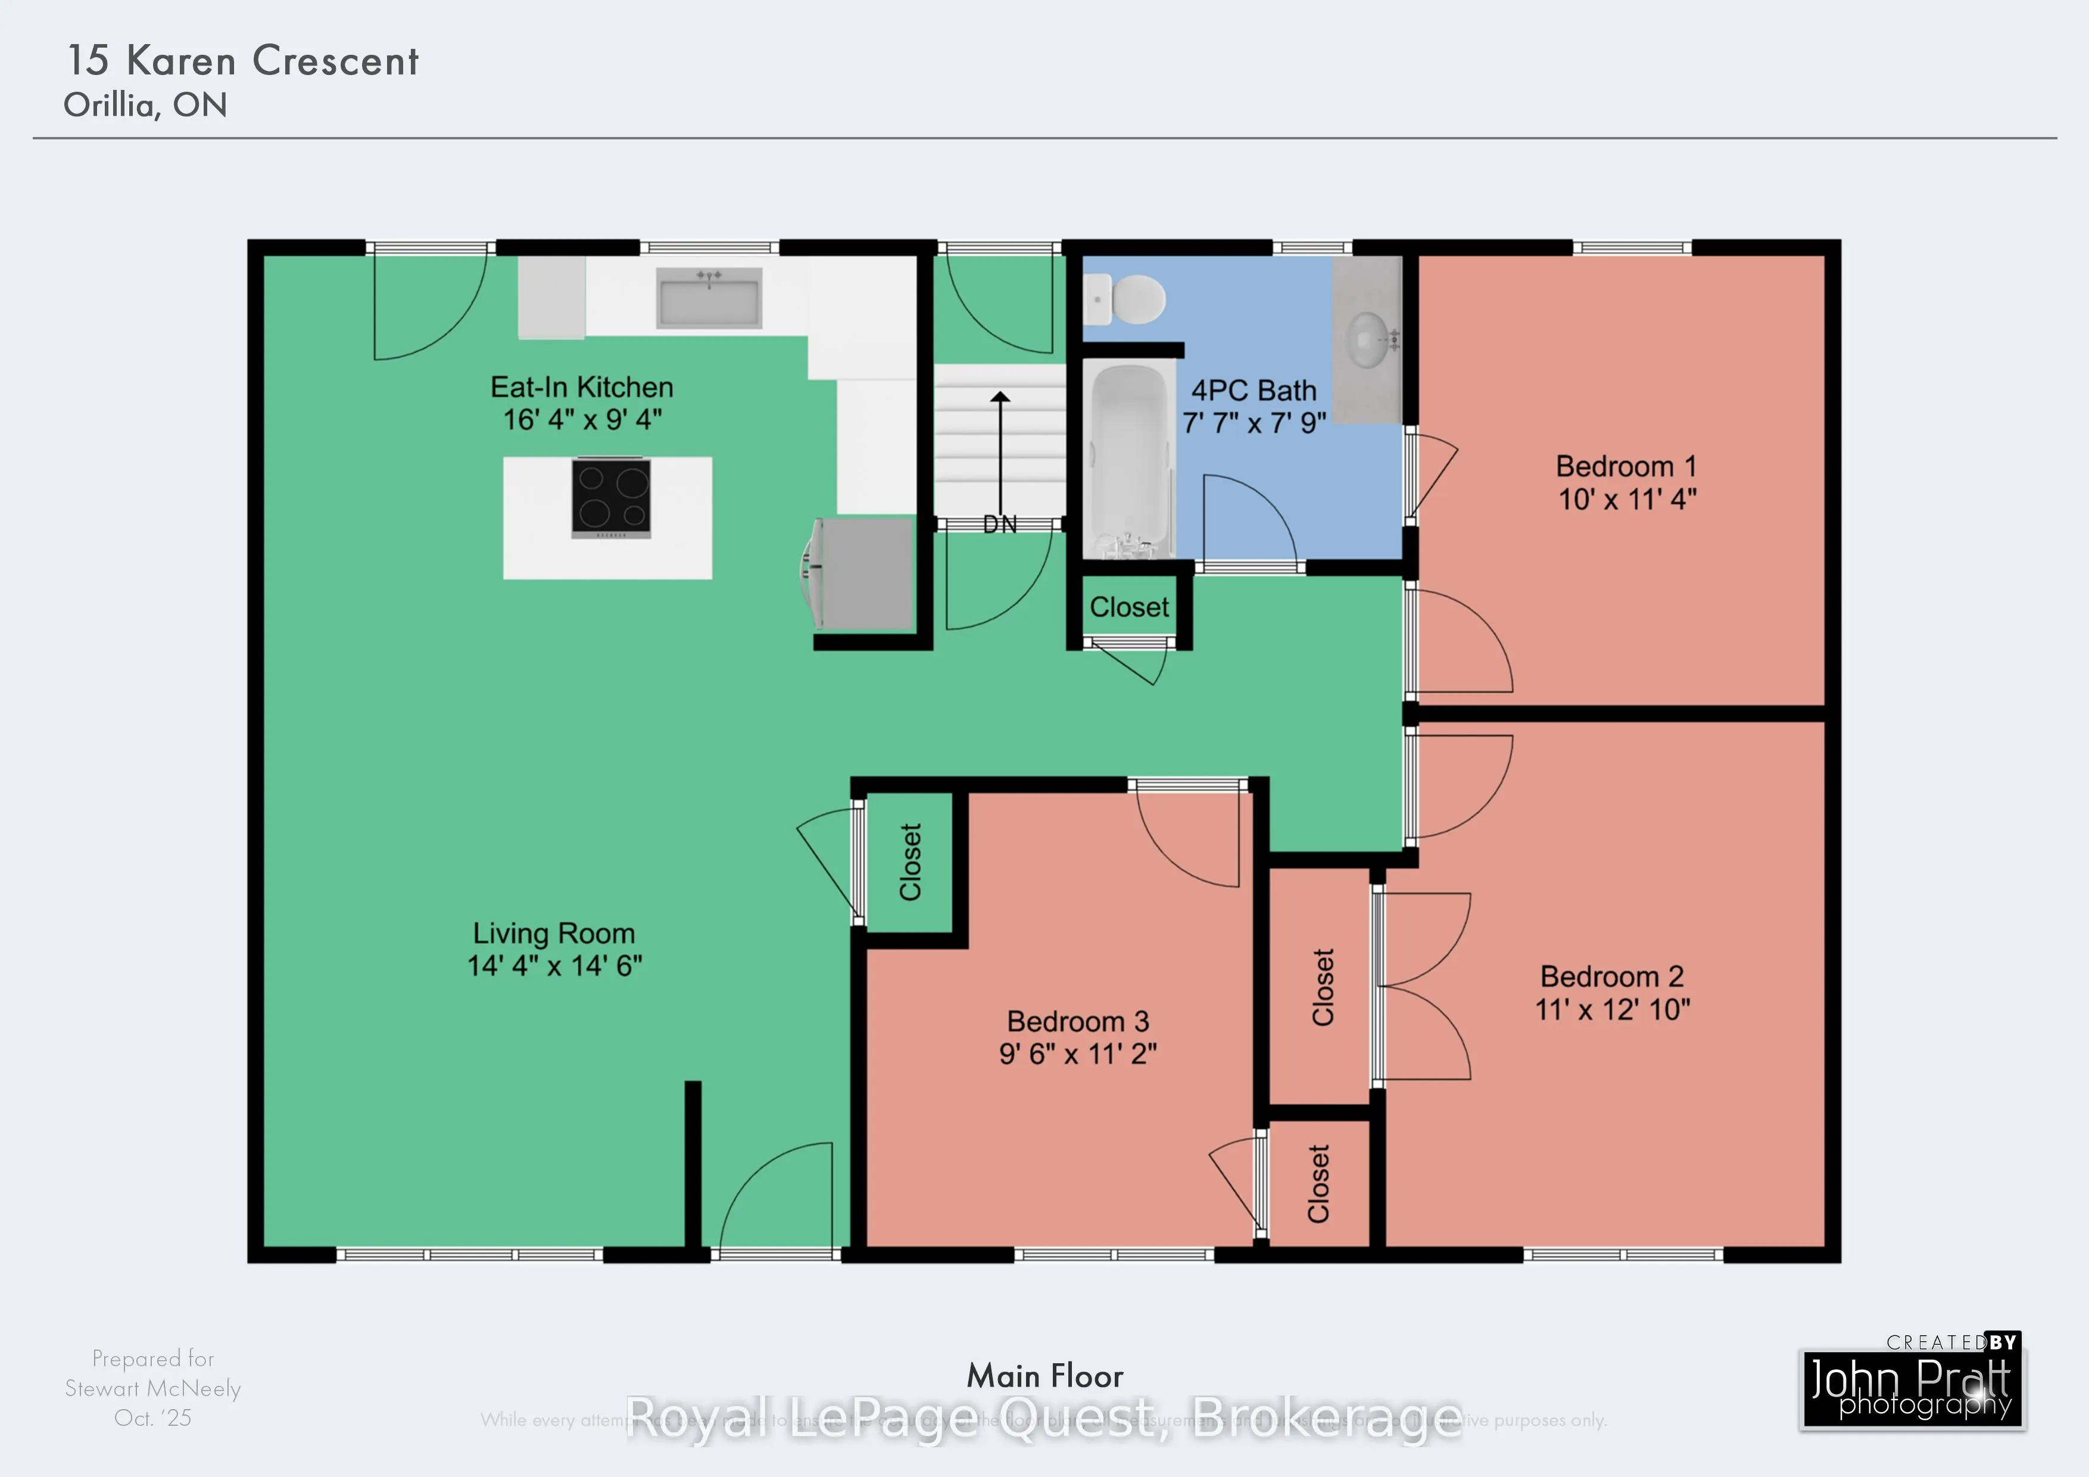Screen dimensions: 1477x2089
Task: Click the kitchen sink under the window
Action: tap(709, 298)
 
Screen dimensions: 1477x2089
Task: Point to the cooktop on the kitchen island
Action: tap(610, 498)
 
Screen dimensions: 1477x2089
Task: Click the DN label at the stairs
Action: tap(999, 524)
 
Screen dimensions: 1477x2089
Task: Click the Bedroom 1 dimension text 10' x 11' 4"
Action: tap(1627, 498)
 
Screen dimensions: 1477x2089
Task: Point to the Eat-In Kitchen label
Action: tap(581, 387)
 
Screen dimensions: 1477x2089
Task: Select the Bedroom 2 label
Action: tap(1611, 977)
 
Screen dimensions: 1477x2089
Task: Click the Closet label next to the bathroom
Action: tap(1129, 607)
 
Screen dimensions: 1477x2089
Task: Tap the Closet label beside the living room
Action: tap(911, 862)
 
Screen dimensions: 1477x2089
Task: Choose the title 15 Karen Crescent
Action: tap(243, 61)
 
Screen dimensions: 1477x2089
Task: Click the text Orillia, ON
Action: tap(145, 105)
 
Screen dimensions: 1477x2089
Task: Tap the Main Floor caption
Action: tap(1044, 1376)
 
